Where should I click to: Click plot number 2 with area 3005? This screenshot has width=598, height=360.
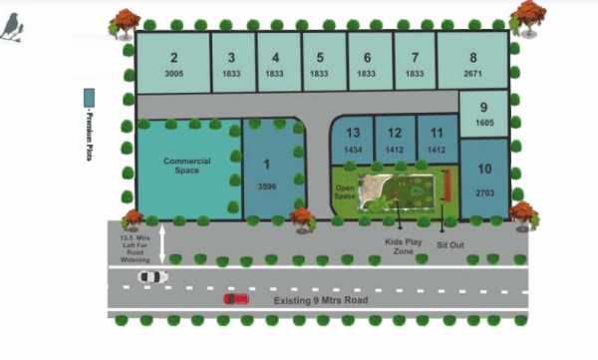coord(173,64)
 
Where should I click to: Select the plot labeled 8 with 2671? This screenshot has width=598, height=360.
coord(472,64)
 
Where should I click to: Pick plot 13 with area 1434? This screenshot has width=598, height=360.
coord(353,139)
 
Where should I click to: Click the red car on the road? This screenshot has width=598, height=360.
coord(236,297)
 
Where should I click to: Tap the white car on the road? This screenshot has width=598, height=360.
coord(152,276)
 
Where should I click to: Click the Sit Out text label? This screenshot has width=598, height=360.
coord(452,243)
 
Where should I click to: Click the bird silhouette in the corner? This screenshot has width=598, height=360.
coord(13,30)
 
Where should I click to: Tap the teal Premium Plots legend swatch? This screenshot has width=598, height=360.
coord(89,99)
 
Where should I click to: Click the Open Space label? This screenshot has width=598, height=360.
coord(346,191)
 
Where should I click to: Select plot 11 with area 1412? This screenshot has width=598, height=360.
coord(436,139)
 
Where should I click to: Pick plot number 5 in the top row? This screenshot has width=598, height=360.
coord(319,64)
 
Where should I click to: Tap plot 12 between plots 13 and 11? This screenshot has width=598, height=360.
coord(395,139)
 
